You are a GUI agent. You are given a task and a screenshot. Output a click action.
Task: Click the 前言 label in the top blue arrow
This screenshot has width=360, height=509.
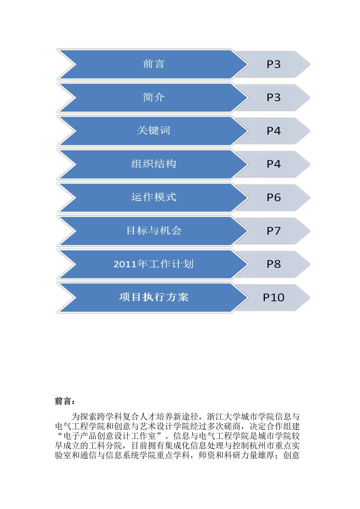coord(153,64)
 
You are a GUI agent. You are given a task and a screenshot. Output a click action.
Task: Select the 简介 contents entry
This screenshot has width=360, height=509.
coord(153,97)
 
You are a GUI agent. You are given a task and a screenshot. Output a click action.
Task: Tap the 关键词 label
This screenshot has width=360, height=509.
coord(153,131)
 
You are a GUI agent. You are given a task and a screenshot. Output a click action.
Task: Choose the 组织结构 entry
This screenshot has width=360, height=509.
coord(153,164)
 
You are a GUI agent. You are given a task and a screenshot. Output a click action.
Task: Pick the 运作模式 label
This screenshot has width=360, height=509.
coord(153,197)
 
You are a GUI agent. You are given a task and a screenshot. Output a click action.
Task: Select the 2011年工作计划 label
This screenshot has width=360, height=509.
coord(153,264)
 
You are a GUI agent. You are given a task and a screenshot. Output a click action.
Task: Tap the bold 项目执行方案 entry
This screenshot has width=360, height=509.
coord(153,297)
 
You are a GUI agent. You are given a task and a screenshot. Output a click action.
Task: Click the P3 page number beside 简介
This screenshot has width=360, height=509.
coord(273,98)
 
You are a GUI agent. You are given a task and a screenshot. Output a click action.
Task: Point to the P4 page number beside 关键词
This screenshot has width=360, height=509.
coord(273,131)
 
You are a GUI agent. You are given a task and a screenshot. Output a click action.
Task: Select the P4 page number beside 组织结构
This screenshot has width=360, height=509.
coord(273,164)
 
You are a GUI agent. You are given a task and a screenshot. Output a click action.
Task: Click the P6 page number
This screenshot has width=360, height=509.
coord(273,198)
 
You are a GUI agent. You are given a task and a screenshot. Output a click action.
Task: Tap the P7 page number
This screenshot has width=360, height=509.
coord(273,231)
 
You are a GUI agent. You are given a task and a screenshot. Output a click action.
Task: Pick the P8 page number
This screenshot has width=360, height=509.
coord(273,264)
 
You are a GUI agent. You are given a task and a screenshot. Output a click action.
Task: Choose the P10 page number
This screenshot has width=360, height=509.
coord(273,298)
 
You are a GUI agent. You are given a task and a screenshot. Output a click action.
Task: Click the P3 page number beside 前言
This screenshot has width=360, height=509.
coord(273,64)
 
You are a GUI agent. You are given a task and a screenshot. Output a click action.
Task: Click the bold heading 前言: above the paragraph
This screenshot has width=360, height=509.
coord(65,401)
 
